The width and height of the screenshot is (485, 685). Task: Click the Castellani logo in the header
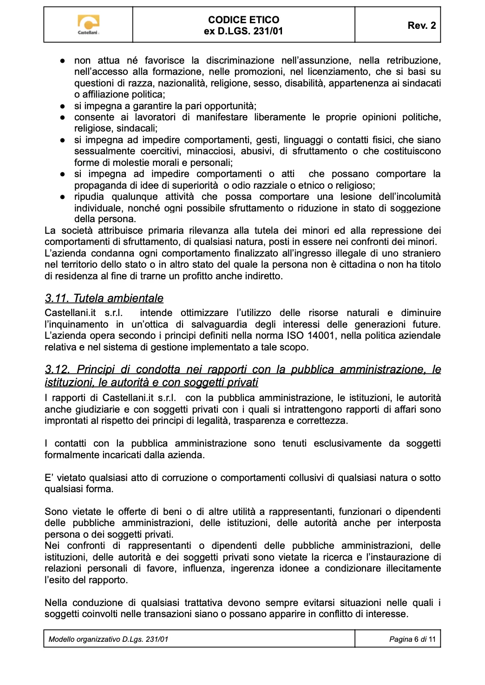point(88,25)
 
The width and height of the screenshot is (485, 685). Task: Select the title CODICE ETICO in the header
point(243,20)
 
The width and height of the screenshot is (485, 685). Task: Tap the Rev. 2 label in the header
point(421,26)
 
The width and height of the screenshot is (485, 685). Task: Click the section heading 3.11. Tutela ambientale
point(104,298)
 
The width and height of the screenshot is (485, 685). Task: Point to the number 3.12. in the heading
point(58,369)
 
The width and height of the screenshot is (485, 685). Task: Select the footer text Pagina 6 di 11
point(412,639)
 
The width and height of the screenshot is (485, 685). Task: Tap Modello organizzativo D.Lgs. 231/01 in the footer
point(108,639)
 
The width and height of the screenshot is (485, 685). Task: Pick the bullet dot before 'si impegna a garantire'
point(62,106)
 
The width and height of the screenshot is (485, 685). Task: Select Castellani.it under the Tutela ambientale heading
point(70,313)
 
